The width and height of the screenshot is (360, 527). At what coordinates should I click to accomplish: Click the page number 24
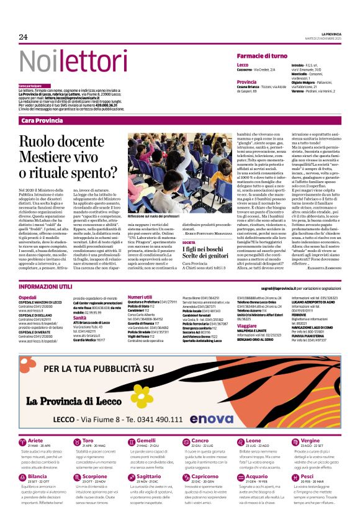[x=24, y=37]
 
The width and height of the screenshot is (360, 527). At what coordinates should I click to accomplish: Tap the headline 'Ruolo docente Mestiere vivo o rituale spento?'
[x=71, y=158]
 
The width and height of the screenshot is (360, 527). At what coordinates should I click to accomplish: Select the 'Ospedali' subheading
[x=27, y=299]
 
